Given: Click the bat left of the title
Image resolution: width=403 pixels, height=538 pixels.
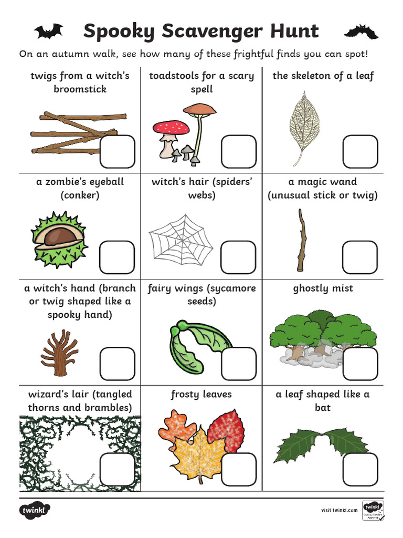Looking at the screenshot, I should [x=49, y=32].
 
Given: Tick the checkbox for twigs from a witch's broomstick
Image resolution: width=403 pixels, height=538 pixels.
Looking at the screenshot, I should [x=117, y=151].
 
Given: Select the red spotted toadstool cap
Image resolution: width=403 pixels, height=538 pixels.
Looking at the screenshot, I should [x=171, y=128].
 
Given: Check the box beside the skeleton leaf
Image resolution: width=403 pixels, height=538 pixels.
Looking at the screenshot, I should [x=360, y=151].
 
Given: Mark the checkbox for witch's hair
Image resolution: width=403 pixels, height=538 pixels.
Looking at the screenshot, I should [x=238, y=257].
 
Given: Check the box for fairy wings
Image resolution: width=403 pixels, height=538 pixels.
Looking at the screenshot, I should [x=238, y=364].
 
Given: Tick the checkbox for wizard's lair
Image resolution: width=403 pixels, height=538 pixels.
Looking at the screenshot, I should [x=117, y=470].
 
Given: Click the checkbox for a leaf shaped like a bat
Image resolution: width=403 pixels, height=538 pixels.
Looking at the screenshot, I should [x=360, y=470].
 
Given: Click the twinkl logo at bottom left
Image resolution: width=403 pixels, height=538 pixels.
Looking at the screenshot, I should [x=35, y=510].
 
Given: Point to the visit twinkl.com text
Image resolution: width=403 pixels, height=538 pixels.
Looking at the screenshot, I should [x=339, y=510].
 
